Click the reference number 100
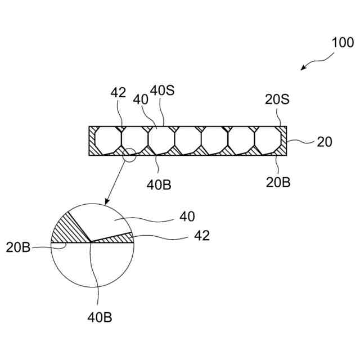coord(343,42)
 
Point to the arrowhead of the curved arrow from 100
coord(303,69)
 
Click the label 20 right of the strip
coord(325,142)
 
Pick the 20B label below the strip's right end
coord(278,182)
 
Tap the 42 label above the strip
coord(119,93)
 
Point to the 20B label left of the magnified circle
coord(19,246)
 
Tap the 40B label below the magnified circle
coord(100,317)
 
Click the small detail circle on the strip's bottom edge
coord(129,155)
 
